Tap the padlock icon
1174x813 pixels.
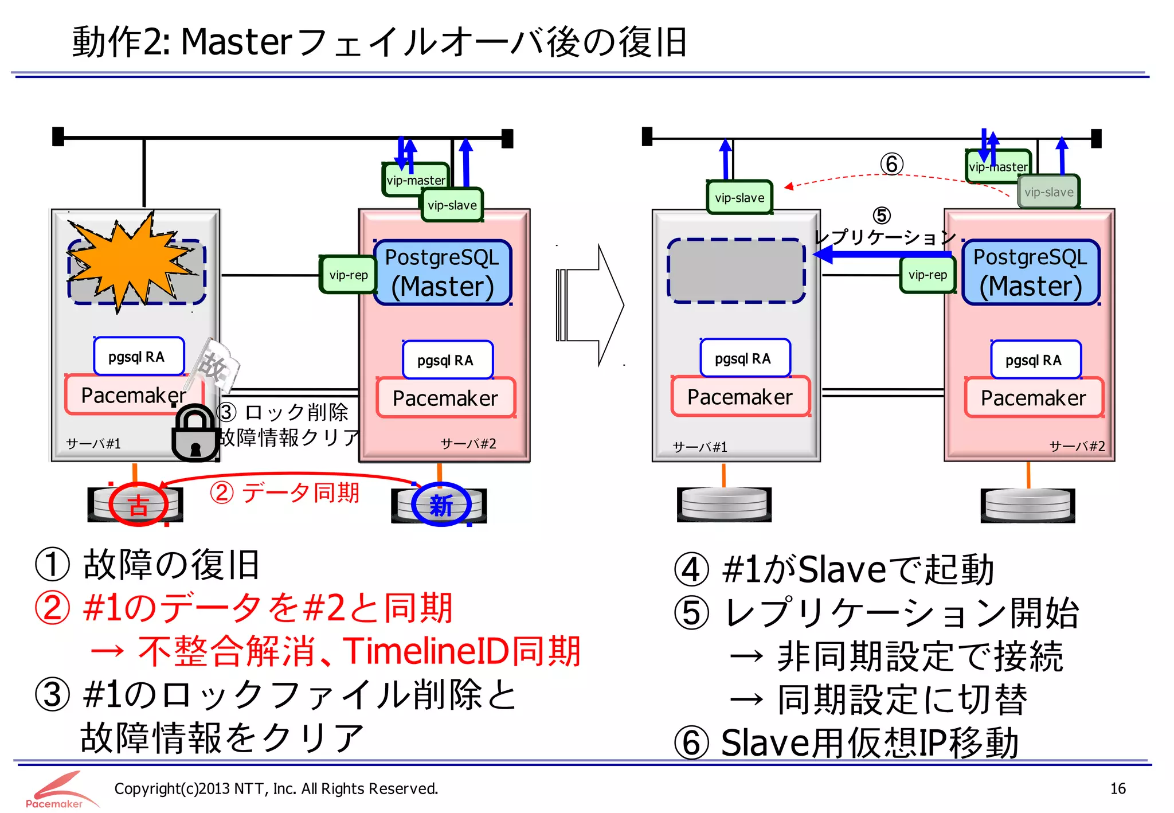[195, 435]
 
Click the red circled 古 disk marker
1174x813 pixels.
[138, 505]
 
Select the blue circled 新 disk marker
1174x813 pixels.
[441, 505]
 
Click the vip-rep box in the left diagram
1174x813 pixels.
[348, 275]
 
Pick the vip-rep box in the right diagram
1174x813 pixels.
[927, 275]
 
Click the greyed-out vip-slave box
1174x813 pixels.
[1048, 192]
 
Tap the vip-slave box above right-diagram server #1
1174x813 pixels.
[739, 198]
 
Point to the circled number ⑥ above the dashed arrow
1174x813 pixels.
[891, 165]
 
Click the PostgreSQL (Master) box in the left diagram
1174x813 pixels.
[442, 272]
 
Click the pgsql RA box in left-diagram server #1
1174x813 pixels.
[139, 357]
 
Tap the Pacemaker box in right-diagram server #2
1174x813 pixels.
[1033, 397]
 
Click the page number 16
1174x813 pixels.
[1117, 788]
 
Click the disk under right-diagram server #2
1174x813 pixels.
[1027, 505]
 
